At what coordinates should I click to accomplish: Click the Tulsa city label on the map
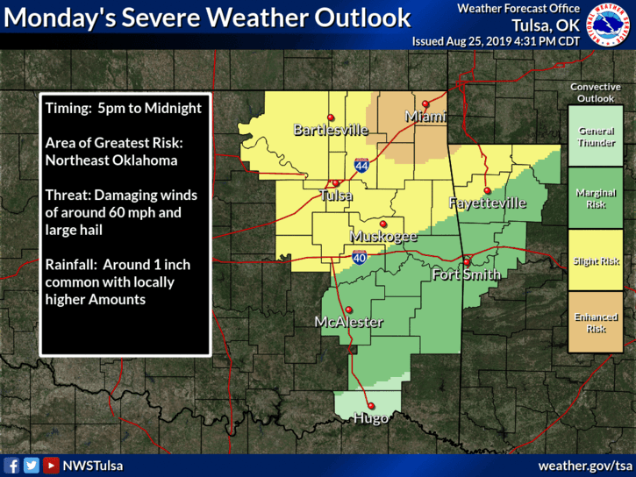[336, 196]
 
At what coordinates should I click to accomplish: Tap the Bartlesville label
[330, 131]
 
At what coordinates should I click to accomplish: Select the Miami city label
[425, 117]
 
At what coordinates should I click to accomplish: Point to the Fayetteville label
[487, 203]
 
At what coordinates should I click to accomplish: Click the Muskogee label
[383, 237]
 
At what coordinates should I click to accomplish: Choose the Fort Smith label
[467, 275]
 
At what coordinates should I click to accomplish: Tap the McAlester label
[348, 322]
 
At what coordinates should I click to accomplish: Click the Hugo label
[371, 419]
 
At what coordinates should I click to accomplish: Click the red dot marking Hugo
[371, 405]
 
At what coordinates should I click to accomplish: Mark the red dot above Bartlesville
[330, 117]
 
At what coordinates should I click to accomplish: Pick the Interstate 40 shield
[360, 257]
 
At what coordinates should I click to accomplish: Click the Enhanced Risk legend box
[597, 323]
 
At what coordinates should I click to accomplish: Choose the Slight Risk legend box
[597, 261]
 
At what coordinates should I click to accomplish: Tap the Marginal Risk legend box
[597, 198]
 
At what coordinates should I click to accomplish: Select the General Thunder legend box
[597, 137]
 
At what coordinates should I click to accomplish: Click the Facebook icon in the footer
[12, 466]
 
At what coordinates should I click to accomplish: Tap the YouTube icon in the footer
[51, 466]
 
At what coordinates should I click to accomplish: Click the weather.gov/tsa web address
[584, 465]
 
